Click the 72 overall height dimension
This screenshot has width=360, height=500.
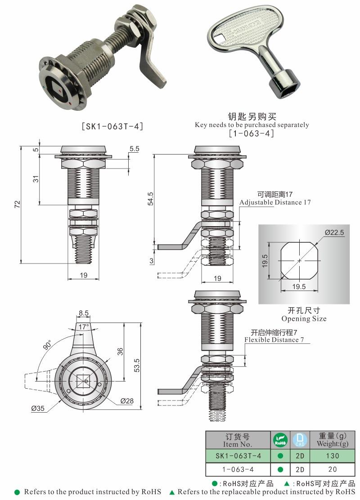coord(17,204)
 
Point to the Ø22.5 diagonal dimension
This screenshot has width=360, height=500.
coord(334,232)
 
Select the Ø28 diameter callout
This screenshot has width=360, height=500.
coord(126,400)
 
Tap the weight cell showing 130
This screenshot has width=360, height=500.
coord(333,456)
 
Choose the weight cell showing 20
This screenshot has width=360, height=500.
coord(333,469)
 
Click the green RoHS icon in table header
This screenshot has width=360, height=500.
coord(280,440)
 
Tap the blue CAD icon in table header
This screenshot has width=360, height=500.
coord(300,440)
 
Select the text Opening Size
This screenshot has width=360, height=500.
coord(304,318)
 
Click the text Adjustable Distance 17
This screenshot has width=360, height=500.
coord(274,202)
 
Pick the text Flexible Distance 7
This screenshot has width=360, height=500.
coord(277,340)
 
